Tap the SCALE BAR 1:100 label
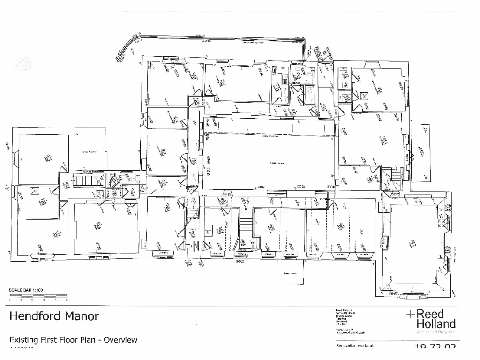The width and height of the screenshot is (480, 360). (x=26, y=290)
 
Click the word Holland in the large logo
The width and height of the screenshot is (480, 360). (x=436, y=323)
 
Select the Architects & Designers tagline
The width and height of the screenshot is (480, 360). (x=432, y=332)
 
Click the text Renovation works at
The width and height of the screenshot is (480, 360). (x=355, y=346)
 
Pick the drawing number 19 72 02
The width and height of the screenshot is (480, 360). (x=435, y=347)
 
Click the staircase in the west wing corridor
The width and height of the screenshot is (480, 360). (x=85, y=180)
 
